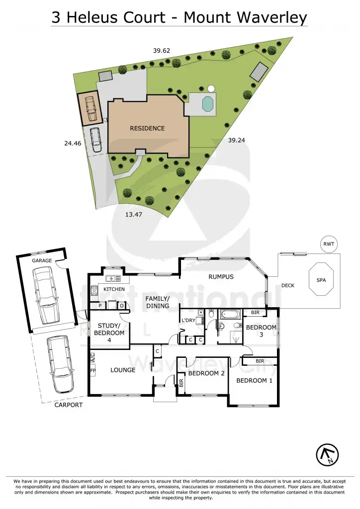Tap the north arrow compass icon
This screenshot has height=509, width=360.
coord(328,453)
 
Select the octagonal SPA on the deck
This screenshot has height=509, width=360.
coord(321,280)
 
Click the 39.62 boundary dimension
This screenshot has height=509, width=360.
coord(161,50)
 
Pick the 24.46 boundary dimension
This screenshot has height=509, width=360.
coord(73,143)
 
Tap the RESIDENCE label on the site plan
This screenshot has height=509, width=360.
coord(147,128)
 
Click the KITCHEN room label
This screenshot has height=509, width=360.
coord(114,289)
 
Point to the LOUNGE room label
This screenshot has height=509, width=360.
coord(123,370)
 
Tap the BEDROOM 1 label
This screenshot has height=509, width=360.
coord(254,381)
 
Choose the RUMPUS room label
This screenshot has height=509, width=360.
coord(221,277)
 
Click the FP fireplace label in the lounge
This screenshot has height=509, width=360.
coord(92,371)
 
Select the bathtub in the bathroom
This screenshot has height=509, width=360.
coord(230,314)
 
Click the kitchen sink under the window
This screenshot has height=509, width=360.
coord(111,278)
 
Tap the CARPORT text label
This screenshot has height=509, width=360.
coord(69,405)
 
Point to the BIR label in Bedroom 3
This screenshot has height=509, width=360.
coord(255,313)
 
